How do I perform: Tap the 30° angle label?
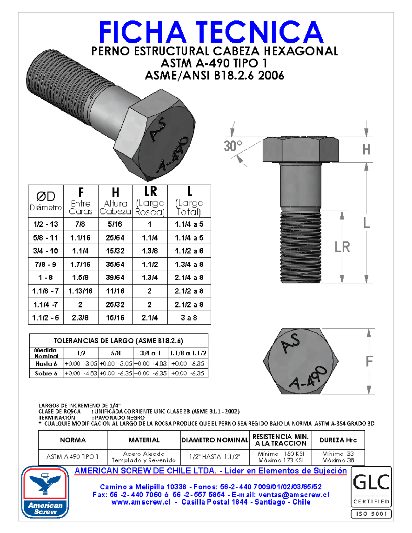pos(233,146)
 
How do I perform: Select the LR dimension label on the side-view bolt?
pos(342,247)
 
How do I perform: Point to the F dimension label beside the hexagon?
pos(369,361)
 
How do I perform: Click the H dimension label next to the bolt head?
pos(366,150)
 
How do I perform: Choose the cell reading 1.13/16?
pos(80,291)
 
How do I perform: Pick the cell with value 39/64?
pos(115,278)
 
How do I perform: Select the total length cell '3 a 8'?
pos(189,318)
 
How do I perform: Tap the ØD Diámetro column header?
pos(46,201)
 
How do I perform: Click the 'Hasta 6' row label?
pos(46,364)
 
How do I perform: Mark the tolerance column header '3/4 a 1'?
pos(150,353)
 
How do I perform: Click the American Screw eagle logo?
pos(45,491)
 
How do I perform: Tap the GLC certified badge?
pos(371,487)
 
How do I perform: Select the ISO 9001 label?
pos(371,514)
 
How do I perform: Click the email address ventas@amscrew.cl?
pos(294,495)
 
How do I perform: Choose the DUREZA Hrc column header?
pos(338,440)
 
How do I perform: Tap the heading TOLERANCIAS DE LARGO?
pos(118,341)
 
